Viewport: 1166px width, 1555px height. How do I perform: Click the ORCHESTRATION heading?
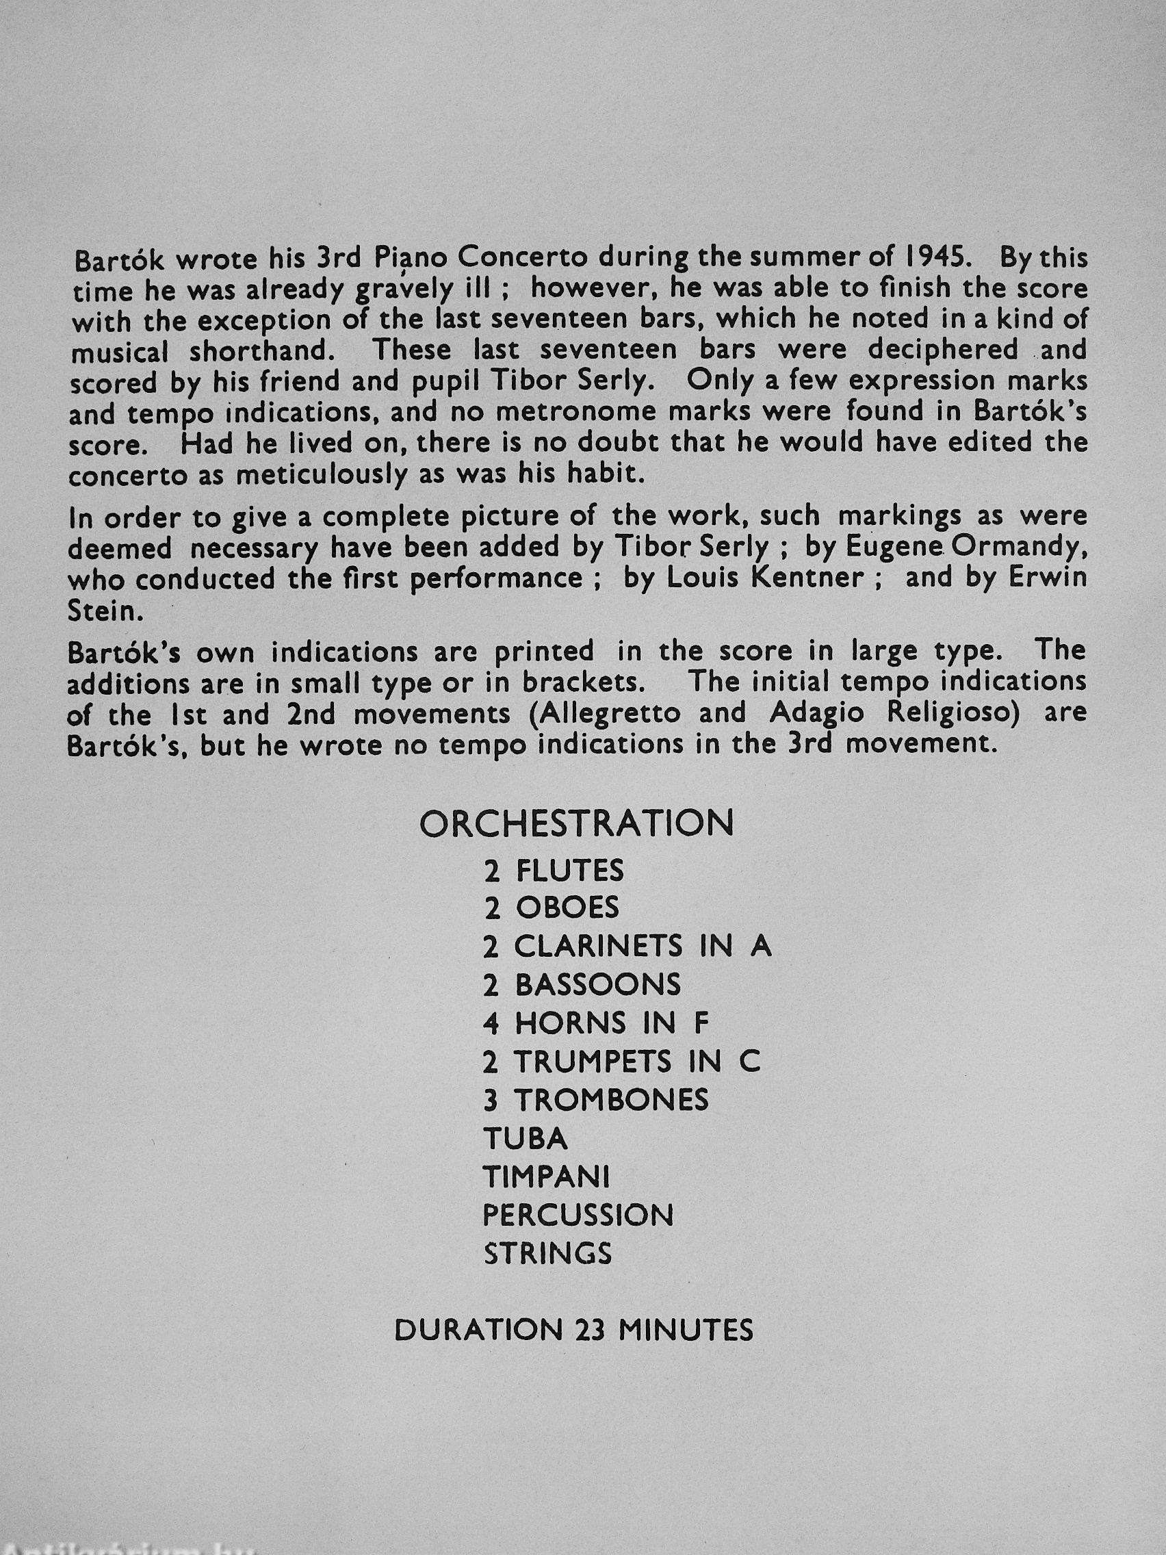click(x=576, y=823)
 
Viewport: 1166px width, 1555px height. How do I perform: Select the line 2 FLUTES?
click(x=554, y=872)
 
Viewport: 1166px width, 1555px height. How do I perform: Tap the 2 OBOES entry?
click(x=552, y=908)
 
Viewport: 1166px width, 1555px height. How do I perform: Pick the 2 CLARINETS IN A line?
click(x=627, y=947)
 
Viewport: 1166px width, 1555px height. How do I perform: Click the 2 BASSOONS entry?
click(x=582, y=985)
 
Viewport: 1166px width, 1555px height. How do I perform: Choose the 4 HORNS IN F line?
click(x=596, y=1023)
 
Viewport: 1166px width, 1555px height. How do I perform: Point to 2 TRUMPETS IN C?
click(x=621, y=1062)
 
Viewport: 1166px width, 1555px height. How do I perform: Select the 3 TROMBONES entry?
click(x=596, y=1100)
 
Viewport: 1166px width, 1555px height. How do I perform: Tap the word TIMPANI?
click(x=546, y=1177)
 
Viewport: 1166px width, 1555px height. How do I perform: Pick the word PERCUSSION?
click(x=578, y=1216)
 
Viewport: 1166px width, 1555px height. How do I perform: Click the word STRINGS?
click(x=547, y=1253)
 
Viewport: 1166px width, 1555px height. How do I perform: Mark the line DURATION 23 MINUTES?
click(x=573, y=1330)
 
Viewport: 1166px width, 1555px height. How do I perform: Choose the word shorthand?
click(x=263, y=351)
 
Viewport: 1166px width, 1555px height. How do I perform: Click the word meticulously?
click(x=320, y=474)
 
